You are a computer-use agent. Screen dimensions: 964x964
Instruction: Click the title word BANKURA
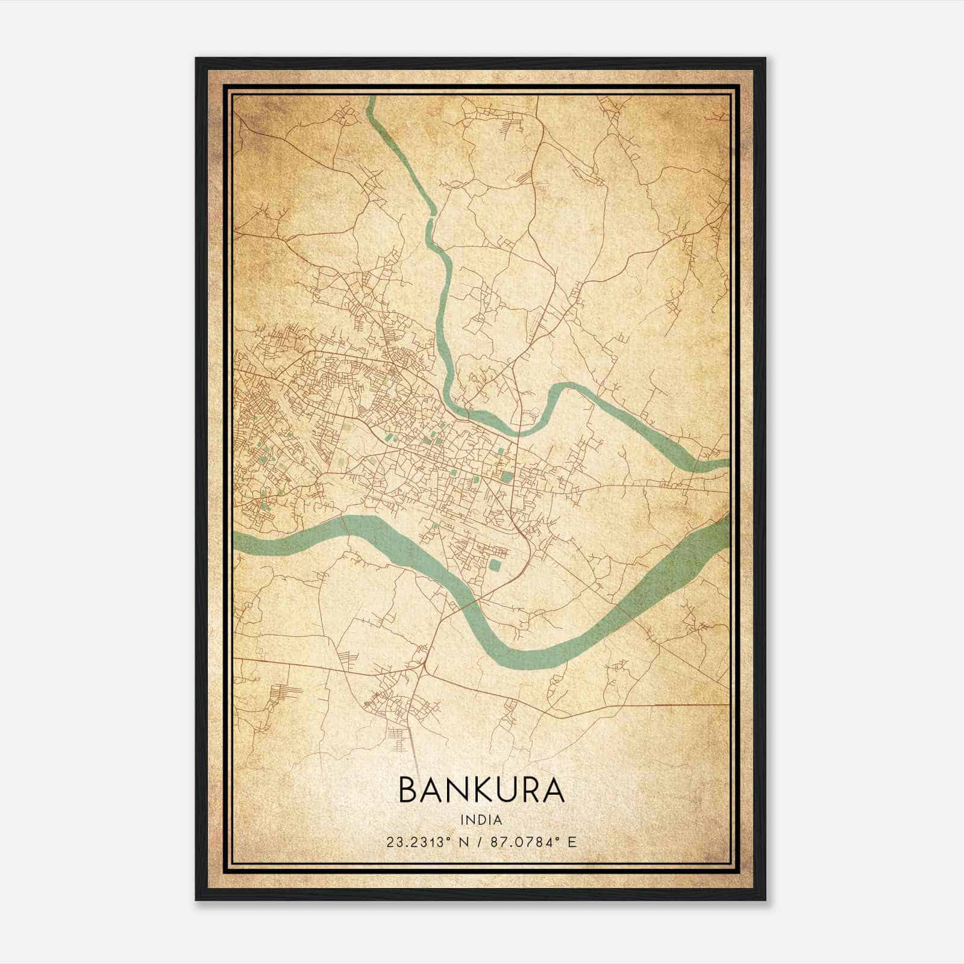(481, 790)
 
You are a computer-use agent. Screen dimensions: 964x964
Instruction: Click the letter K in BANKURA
(487, 790)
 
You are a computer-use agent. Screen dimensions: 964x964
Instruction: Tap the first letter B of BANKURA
(410, 790)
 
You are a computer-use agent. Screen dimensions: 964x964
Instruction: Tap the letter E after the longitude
(572, 842)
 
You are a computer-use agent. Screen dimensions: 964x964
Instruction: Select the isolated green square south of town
(495, 566)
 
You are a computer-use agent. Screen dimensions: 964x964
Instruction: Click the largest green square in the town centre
(507, 477)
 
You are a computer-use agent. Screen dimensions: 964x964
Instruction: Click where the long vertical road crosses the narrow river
(519, 431)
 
